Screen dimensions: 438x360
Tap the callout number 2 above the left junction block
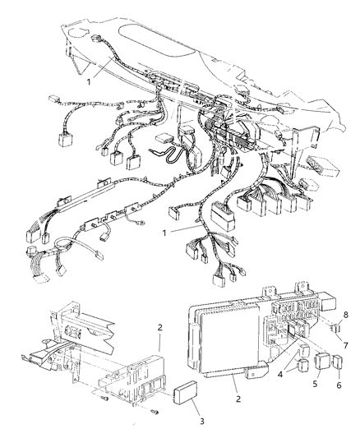point(159,327)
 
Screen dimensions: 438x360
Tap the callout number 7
point(335,345)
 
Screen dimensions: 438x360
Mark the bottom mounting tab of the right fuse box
point(256,377)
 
